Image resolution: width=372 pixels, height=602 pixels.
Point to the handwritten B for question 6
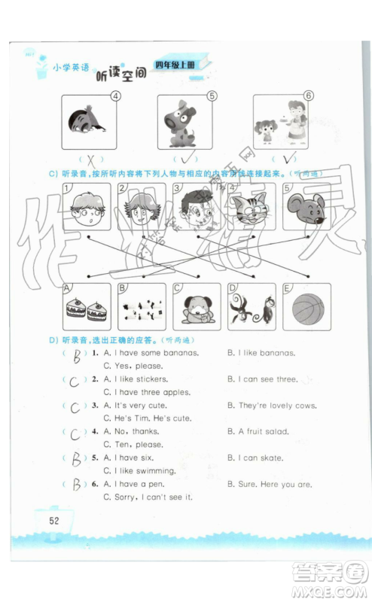[x=75, y=485]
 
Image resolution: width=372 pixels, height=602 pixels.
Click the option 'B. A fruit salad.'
[x=259, y=431]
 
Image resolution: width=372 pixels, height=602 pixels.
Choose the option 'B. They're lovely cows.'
[x=270, y=406]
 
